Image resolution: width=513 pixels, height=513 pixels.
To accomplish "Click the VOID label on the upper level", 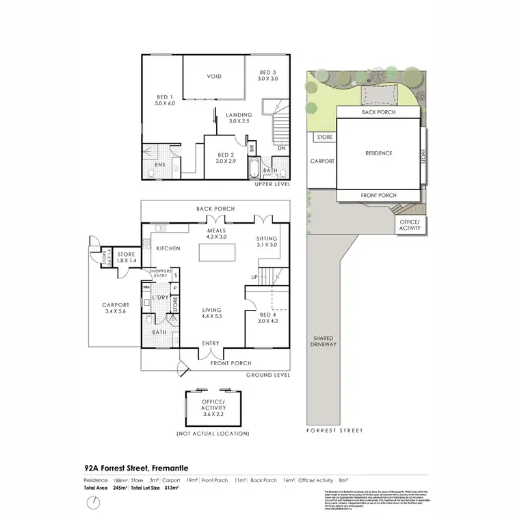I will point(214,77).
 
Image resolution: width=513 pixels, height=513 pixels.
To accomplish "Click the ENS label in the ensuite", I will point(159,165).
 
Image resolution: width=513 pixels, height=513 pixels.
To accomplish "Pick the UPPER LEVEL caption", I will point(272,184).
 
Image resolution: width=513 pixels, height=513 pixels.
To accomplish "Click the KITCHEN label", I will point(168,248).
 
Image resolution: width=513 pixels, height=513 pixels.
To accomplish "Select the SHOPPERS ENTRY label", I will point(159,274).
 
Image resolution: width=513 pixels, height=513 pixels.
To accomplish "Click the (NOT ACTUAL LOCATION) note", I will point(213,434).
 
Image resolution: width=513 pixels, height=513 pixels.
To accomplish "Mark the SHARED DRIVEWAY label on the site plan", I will point(324,341).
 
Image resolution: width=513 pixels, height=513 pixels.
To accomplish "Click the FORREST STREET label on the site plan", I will point(335,430).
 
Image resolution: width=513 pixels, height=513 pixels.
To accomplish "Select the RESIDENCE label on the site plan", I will point(378,153).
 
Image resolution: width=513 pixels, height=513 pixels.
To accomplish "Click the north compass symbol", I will point(92,504).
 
